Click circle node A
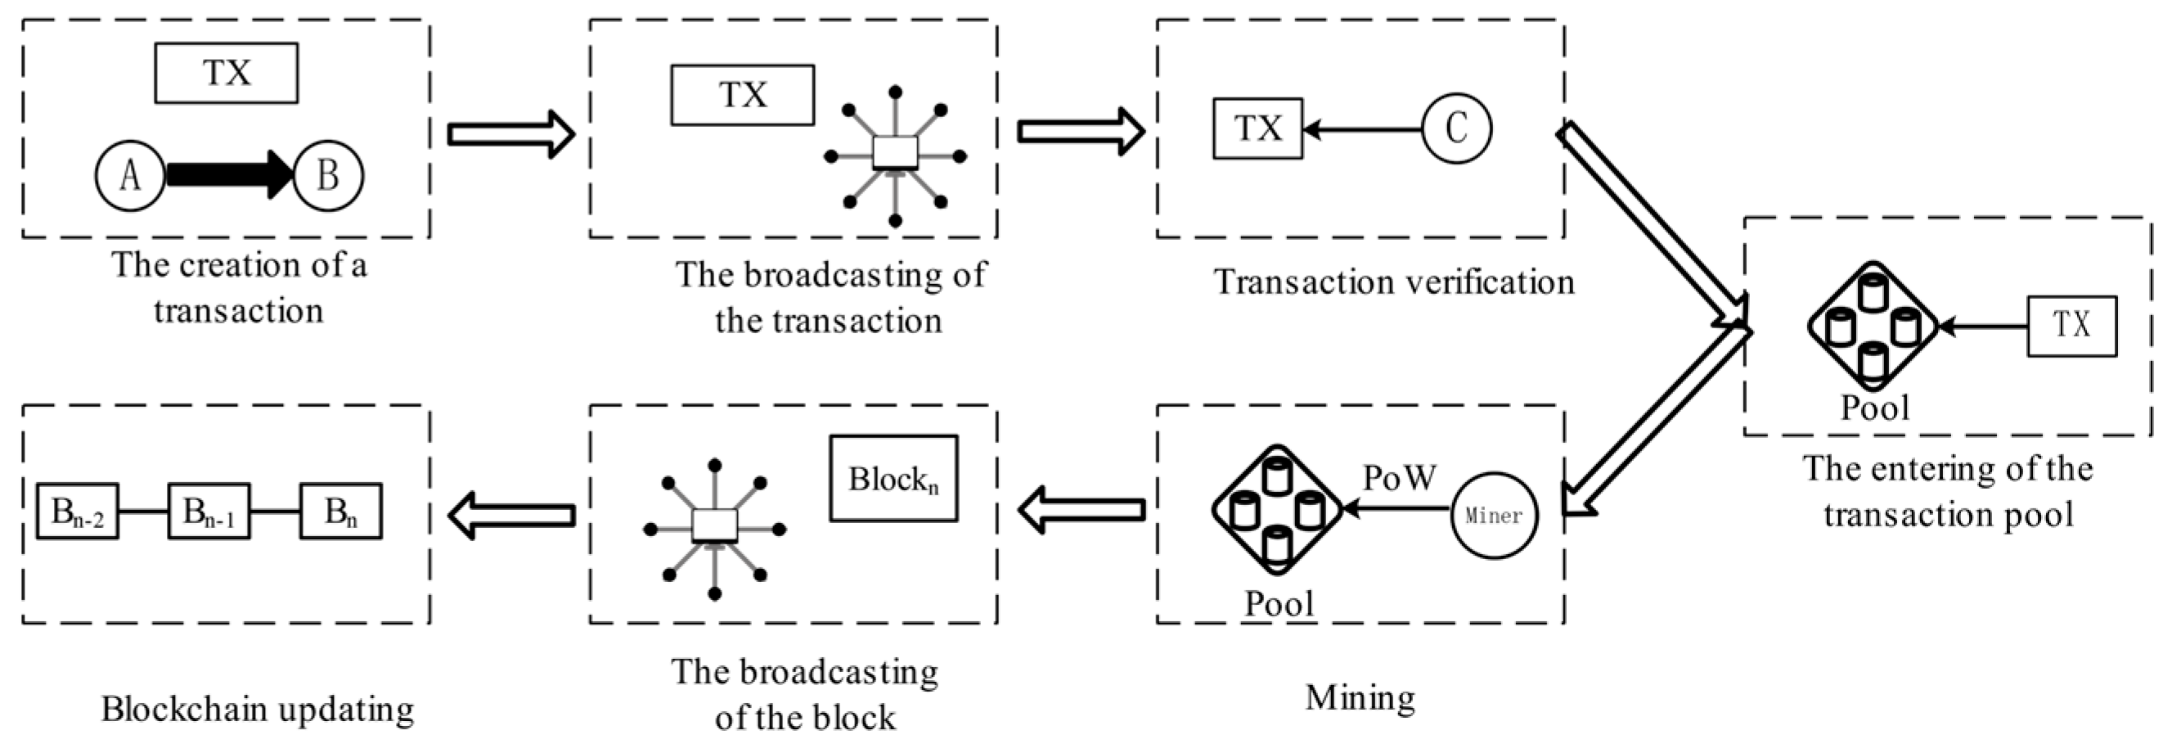(x=130, y=175)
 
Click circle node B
(x=328, y=175)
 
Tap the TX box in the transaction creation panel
(x=226, y=74)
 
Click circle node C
(x=1456, y=129)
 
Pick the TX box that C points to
(x=1257, y=129)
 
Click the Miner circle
(x=1494, y=515)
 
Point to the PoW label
(x=1399, y=477)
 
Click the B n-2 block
(x=78, y=512)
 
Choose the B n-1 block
(x=209, y=512)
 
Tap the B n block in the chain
(x=340, y=512)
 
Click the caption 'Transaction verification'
(x=1393, y=282)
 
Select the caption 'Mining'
(x=1360, y=697)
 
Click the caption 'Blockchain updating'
(x=258, y=709)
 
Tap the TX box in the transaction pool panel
(x=2071, y=326)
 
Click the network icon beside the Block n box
(x=714, y=529)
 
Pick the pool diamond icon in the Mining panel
(x=1276, y=509)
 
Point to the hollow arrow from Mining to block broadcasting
(x=1081, y=509)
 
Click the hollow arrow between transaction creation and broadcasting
(x=511, y=133)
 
